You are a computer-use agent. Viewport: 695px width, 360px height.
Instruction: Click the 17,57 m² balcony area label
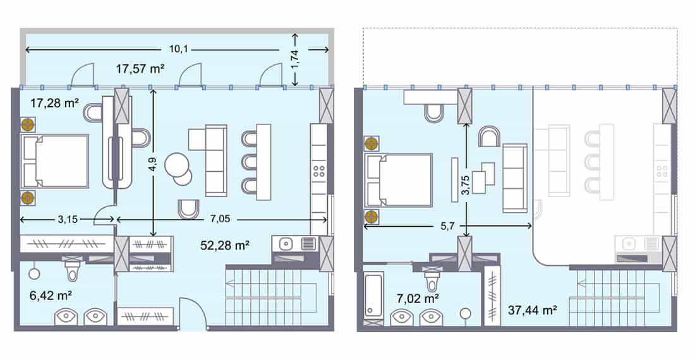point(140,69)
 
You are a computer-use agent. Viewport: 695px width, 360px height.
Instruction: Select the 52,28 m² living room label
point(222,246)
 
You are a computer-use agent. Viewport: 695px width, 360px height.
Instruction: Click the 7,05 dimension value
point(219,219)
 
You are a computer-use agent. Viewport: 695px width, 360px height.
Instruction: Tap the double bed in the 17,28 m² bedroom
point(55,161)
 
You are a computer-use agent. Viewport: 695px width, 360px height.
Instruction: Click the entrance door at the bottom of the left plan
point(192,315)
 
